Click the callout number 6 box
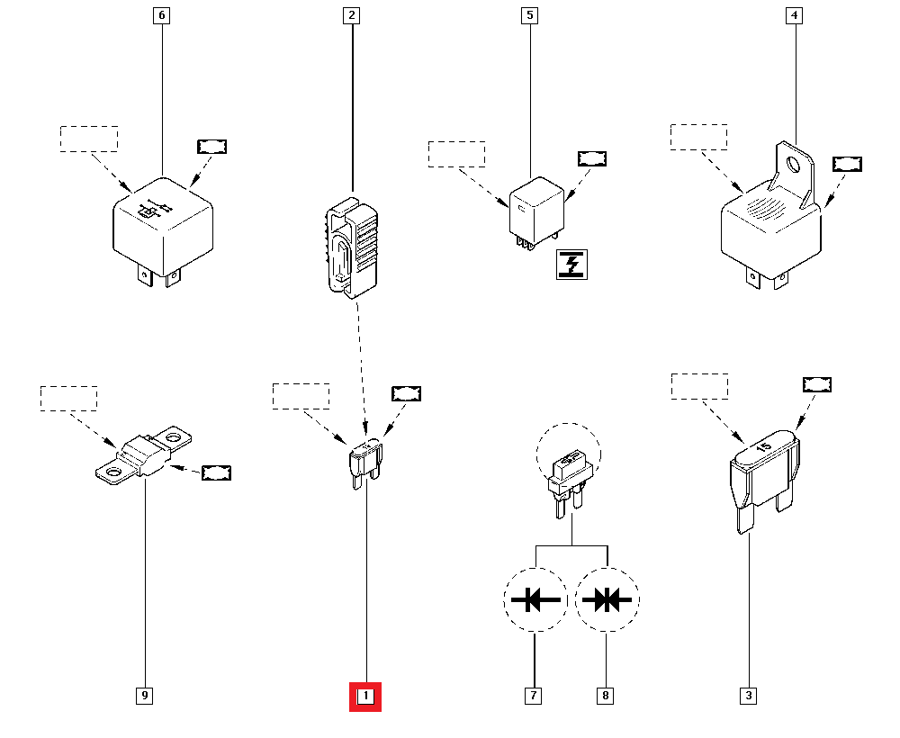[x=162, y=15]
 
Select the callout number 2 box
[x=351, y=15]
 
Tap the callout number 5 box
[x=530, y=15]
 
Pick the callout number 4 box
[x=794, y=15]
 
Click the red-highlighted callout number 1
[x=365, y=696]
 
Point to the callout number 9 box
[x=144, y=696]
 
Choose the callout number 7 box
[x=534, y=696]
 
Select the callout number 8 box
[x=606, y=696]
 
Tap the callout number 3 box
[x=749, y=696]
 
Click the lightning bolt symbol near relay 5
[x=571, y=265]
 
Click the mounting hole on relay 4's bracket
[x=793, y=165]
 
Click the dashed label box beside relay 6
[x=89, y=139]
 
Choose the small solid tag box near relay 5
[x=591, y=159]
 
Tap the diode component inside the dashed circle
[x=567, y=478]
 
